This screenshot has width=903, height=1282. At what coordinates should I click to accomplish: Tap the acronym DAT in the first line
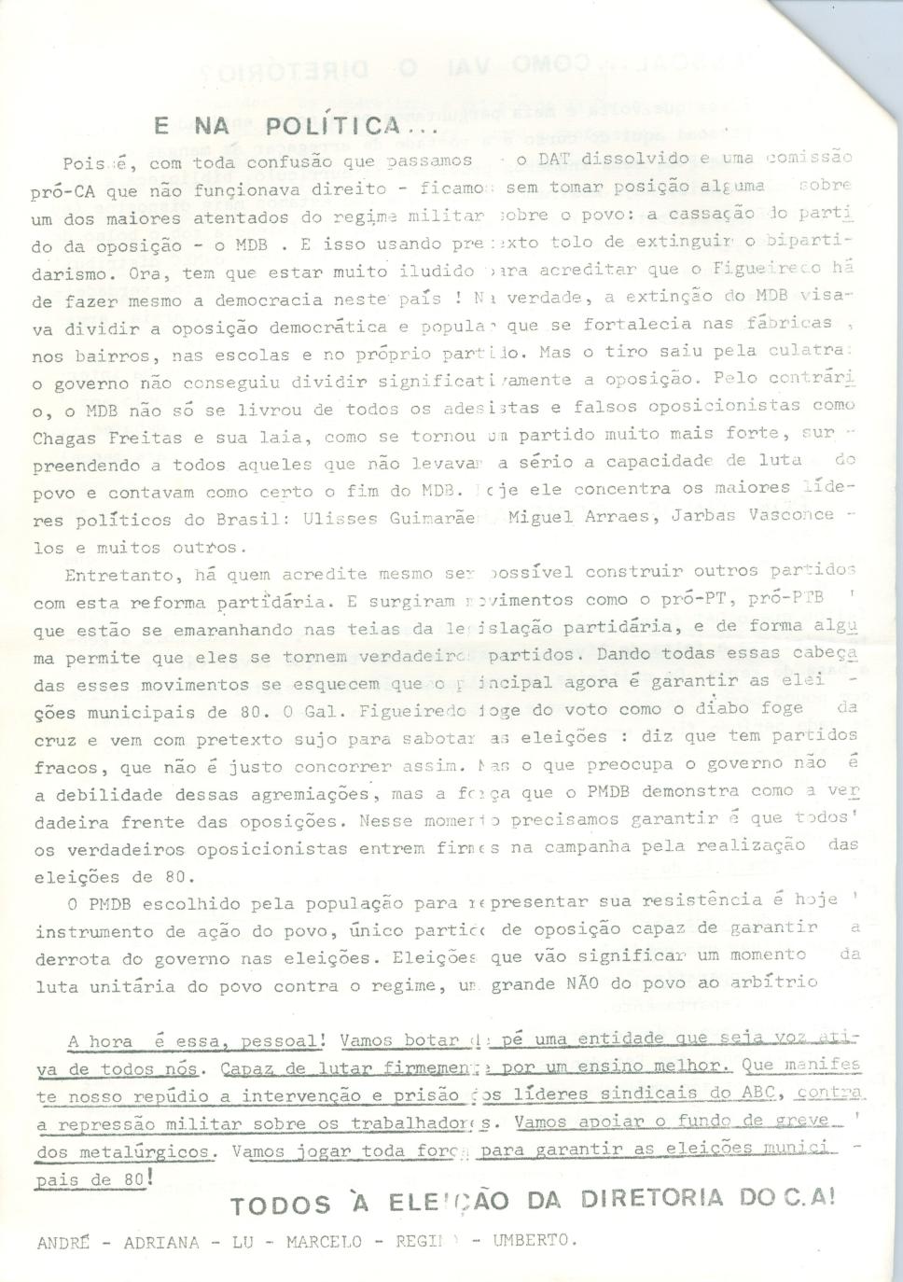[x=580, y=159]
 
